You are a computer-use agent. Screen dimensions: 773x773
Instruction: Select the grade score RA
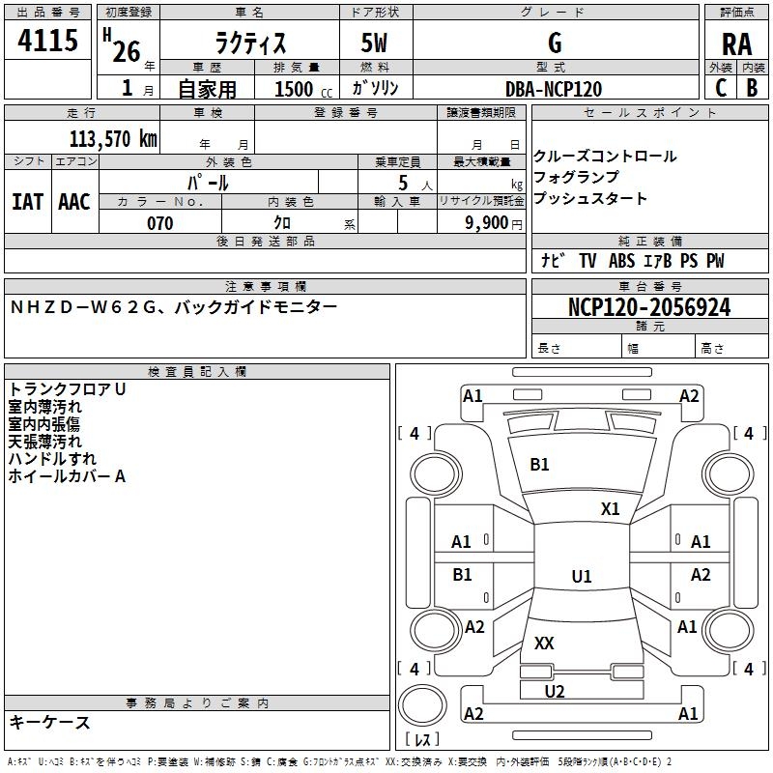[736, 44]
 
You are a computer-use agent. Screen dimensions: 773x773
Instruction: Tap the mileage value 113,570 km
[112, 138]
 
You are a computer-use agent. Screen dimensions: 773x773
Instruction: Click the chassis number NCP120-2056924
[649, 308]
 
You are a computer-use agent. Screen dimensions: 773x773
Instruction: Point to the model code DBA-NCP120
[554, 88]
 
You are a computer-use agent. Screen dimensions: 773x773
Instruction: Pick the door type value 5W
[375, 43]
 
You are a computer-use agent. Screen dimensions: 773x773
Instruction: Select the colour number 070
[159, 223]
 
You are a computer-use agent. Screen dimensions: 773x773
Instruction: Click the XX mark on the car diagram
[544, 643]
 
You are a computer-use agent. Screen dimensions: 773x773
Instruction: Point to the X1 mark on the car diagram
[610, 509]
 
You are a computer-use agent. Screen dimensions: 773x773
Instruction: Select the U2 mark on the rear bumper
[555, 691]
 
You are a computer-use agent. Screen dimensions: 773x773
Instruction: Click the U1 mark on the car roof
[581, 577]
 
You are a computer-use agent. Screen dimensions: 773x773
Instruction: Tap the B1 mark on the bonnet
[539, 465]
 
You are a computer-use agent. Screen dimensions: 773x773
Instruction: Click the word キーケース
[49, 722]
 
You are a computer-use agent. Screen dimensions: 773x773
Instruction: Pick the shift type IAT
[27, 201]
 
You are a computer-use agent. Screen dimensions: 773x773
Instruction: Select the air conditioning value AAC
[74, 201]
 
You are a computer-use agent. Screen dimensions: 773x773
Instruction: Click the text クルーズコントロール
[605, 157]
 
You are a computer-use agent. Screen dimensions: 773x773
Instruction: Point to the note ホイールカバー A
[68, 476]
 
